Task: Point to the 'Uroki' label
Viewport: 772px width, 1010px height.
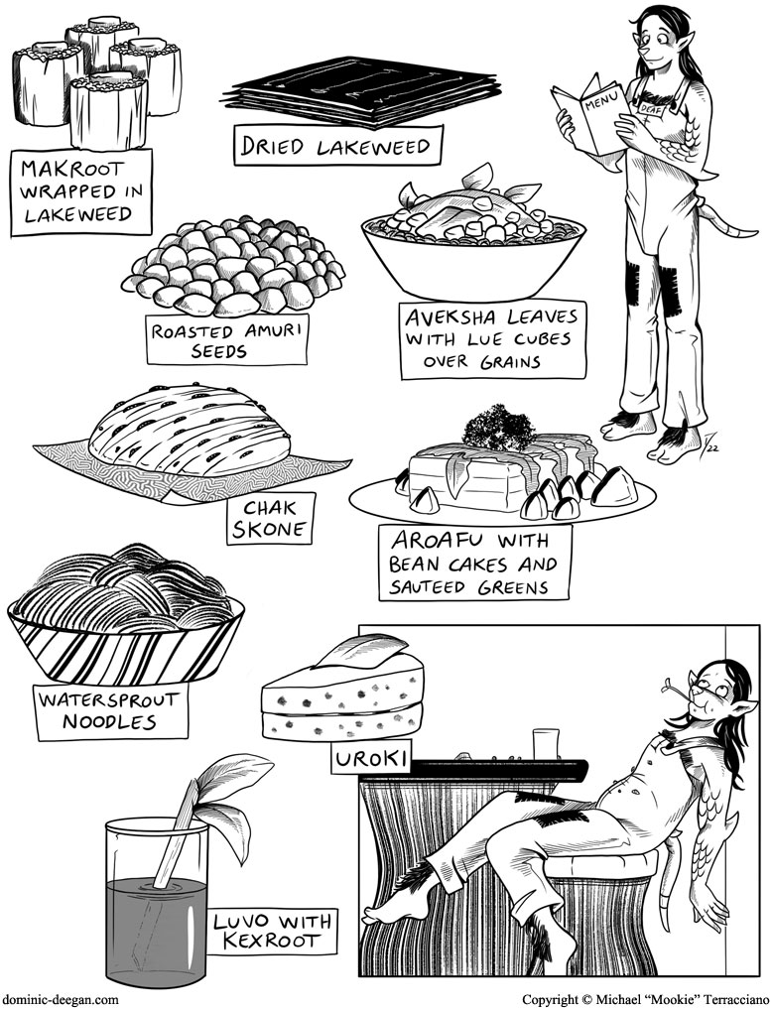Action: (371, 759)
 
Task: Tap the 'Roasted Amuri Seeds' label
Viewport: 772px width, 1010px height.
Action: (227, 340)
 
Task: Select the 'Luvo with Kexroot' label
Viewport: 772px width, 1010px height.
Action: (273, 930)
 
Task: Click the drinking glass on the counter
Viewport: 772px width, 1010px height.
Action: (545, 743)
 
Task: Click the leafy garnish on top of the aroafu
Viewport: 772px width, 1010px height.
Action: (499, 427)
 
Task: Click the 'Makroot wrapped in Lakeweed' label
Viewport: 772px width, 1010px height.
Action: (80, 191)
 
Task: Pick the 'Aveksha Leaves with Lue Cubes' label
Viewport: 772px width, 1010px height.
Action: (493, 339)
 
